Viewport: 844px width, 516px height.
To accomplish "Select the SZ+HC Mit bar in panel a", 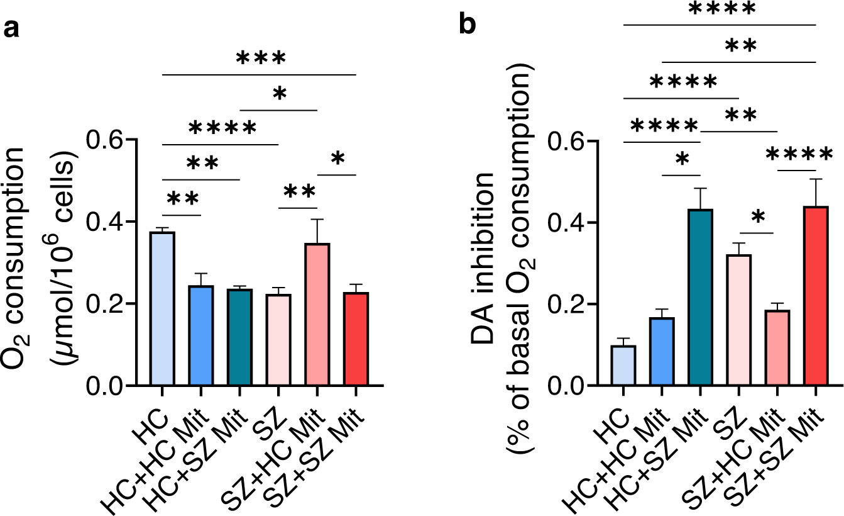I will (317, 315).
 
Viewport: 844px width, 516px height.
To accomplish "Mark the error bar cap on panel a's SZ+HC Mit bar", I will (317, 220).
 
